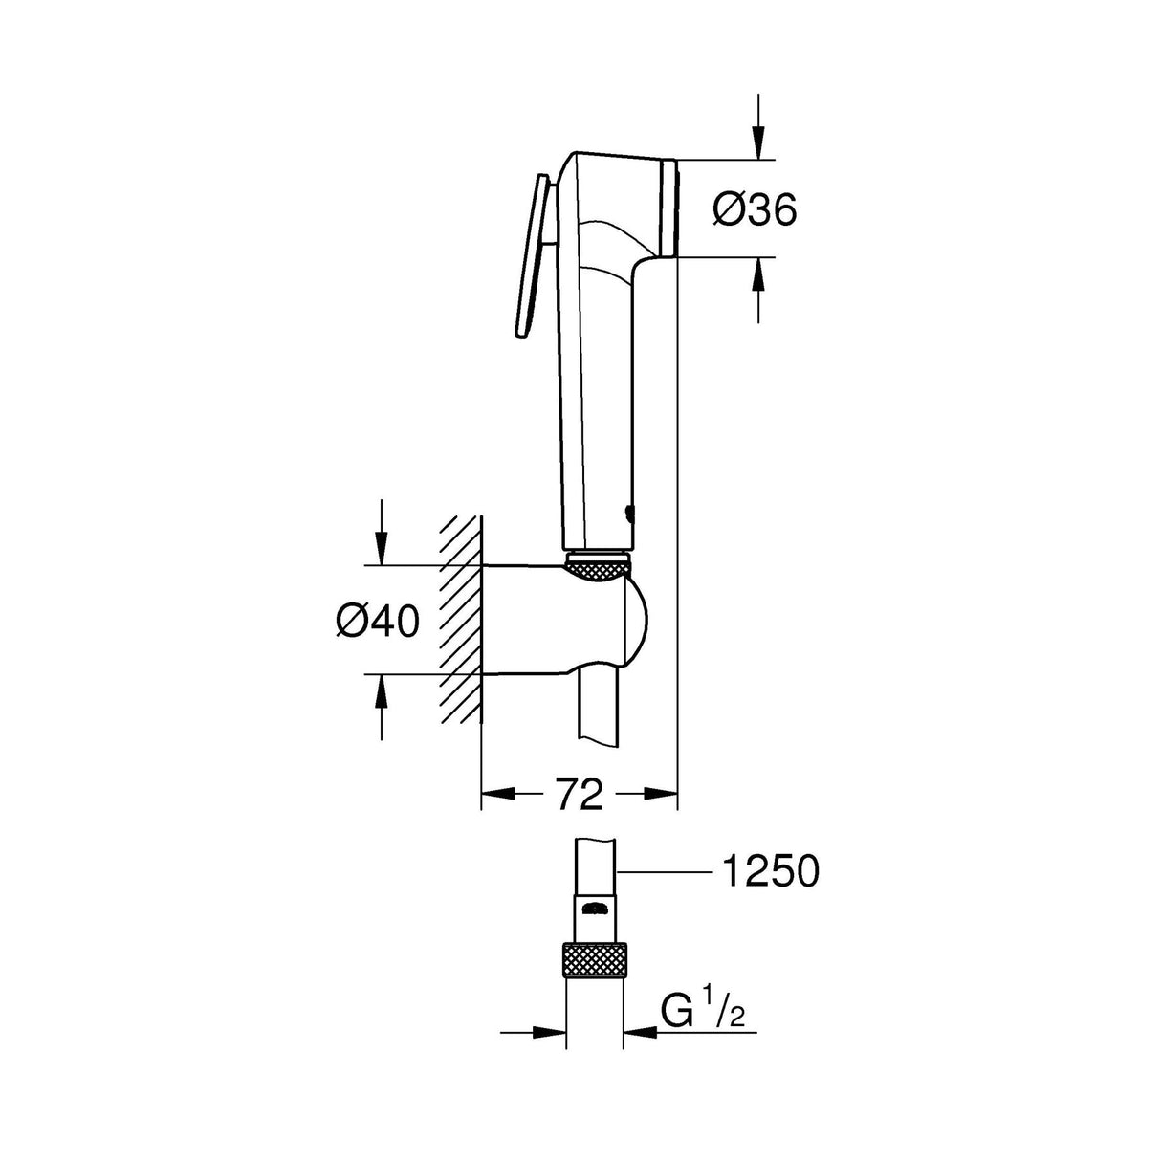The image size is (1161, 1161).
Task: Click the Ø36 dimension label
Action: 755,208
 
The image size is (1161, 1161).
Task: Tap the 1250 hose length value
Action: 770,871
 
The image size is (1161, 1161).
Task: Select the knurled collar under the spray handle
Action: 600,568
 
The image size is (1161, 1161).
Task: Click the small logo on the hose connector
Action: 596,907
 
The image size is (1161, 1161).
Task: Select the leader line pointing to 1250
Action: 665,871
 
